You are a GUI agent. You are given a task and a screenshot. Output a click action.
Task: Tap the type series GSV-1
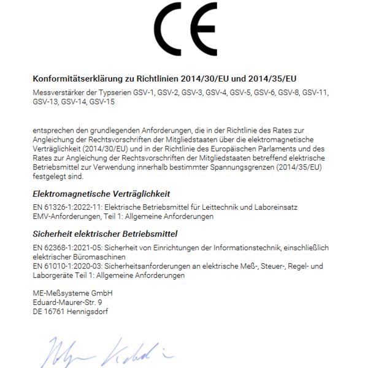click(145, 93)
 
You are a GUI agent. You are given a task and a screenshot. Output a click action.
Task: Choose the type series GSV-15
click(102, 102)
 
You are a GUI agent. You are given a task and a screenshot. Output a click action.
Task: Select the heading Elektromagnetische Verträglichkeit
click(101, 194)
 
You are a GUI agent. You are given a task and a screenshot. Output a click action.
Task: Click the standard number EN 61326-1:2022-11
click(67, 207)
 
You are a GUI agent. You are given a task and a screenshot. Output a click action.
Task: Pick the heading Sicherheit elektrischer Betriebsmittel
click(104, 234)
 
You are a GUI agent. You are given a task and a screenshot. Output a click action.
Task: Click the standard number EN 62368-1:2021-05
click(68, 247)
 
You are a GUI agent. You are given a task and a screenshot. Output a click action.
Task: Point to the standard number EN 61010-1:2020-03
click(67, 266)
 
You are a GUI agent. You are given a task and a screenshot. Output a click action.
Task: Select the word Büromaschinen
click(96, 256)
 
